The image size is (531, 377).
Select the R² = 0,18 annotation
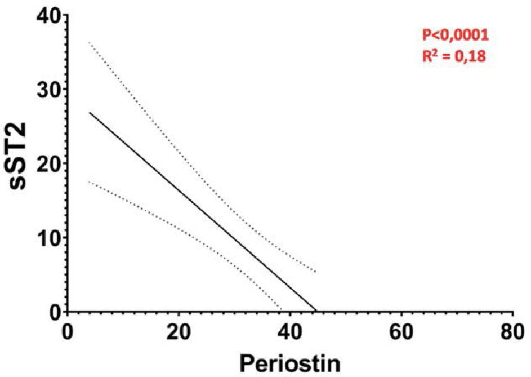(454, 56)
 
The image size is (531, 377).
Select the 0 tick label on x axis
(67, 332)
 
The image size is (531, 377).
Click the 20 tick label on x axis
(179, 332)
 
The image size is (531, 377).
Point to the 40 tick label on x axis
(290, 332)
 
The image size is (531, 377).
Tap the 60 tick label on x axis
(401, 332)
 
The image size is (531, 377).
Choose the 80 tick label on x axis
(512, 332)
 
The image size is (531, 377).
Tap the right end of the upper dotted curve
(316, 272)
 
